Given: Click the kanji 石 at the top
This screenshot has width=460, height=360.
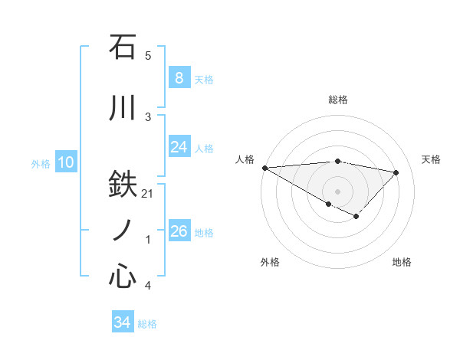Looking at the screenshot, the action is [x=123, y=47].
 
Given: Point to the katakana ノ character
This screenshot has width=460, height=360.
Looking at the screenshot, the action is [x=123, y=230].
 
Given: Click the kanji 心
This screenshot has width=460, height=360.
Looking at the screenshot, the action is [x=123, y=276].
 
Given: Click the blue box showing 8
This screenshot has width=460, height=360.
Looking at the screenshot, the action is [x=179, y=78].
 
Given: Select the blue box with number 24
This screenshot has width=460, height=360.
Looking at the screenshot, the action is [x=179, y=147].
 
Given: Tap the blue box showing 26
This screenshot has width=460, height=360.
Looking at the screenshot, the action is [x=179, y=231].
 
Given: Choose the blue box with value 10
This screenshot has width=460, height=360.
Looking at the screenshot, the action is [x=65, y=162].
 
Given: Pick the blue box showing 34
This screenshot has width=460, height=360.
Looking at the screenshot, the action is [x=122, y=322].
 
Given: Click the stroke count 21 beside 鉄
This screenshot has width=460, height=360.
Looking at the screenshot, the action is [x=148, y=194].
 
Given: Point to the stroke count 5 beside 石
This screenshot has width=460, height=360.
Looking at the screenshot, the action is [x=148, y=56].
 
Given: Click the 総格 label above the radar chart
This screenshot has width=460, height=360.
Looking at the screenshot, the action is [x=337, y=100].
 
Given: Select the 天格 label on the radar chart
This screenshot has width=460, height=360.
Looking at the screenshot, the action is [x=431, y=159].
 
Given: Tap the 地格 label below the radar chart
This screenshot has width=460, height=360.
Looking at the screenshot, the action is [x=402, y=262].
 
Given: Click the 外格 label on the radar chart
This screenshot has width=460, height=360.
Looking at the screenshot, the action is [x=270, y=262].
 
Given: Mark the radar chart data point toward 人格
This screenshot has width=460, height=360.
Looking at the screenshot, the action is [x=264, y=167].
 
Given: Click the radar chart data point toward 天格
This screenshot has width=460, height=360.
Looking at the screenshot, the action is [x=396, y=172].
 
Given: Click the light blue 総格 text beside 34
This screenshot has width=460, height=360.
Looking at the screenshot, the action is [x=147, y=324].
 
